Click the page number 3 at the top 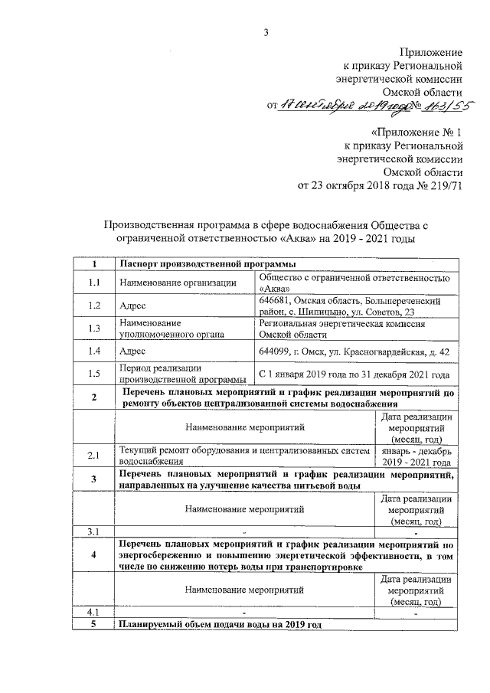pos(266,31)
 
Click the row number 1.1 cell pos(94,283)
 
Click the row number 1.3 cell pos(94,329)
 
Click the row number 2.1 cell pos(94,456)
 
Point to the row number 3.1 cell pos(94,531)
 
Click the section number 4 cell pos(94,555)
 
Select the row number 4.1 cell pos(94,612)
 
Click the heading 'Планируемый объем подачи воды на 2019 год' pos(219,625)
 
